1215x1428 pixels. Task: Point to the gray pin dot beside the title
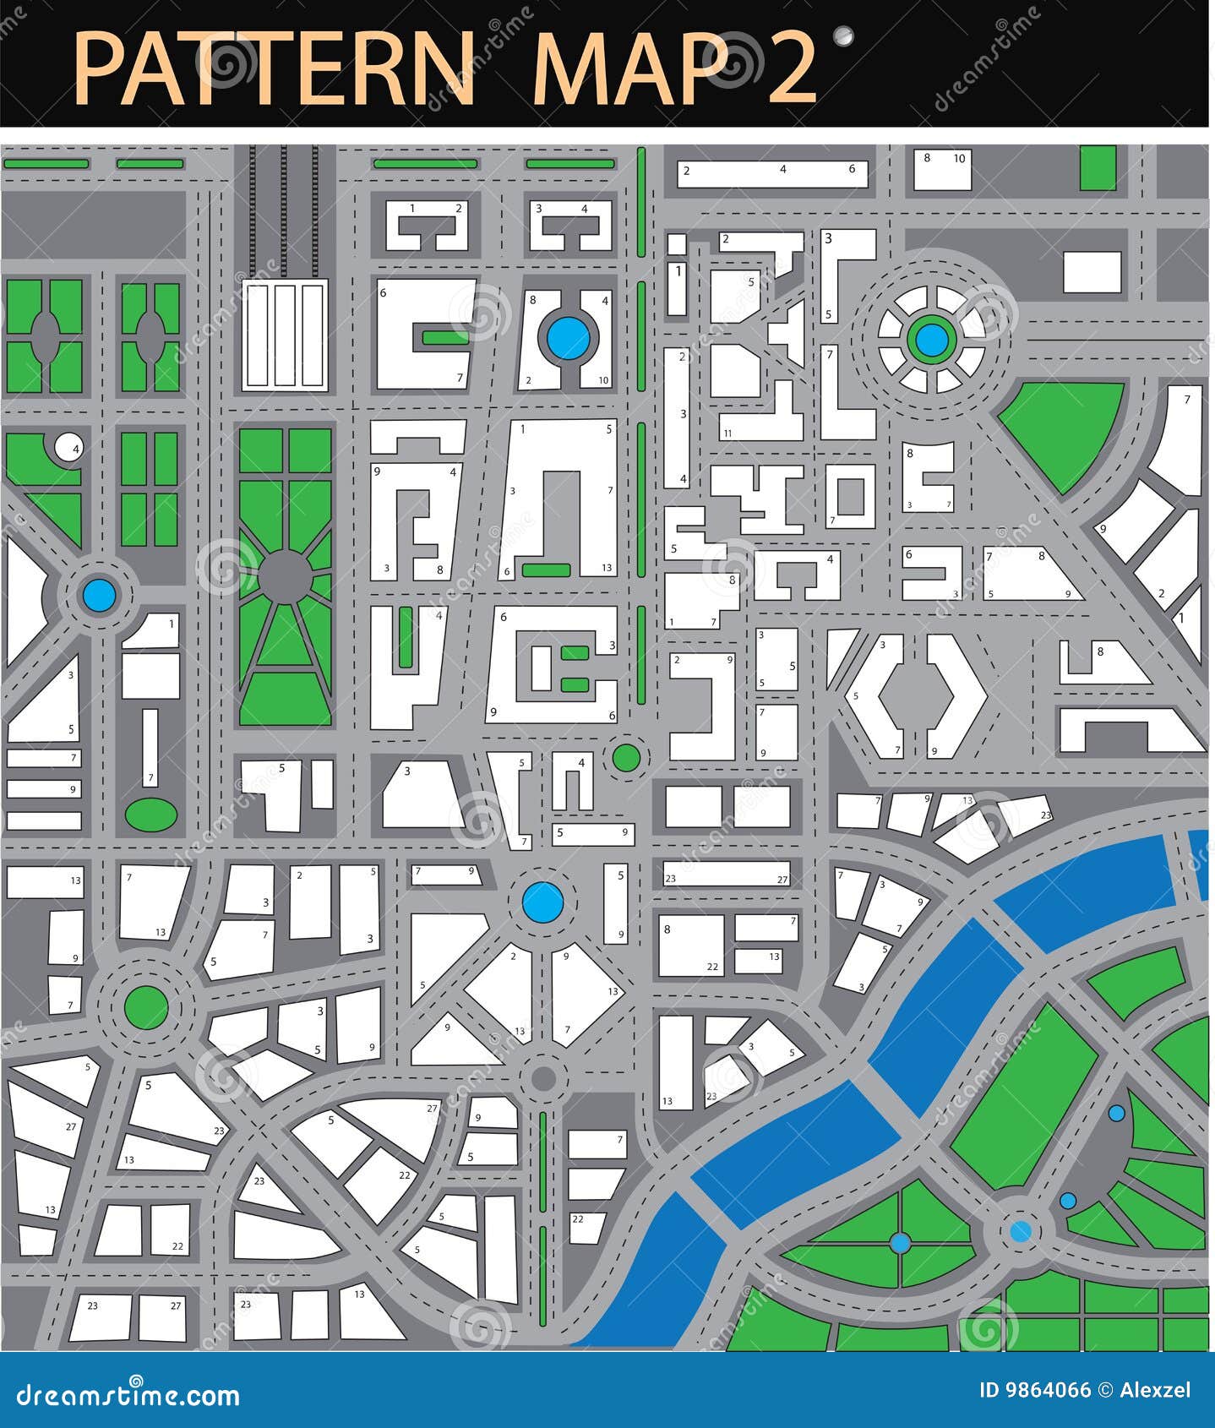[x=842, y=35]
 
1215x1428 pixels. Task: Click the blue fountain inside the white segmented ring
[x=931, y=340]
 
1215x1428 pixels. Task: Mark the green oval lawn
[x=151, y=814]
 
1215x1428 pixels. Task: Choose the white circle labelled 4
[x=68, y=447]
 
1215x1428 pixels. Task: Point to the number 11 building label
[x=727, y=433]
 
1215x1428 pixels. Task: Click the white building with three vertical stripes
[x=285, y=335]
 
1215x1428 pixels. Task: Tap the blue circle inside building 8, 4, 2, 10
[x=568, y=337]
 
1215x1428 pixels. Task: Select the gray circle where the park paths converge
[x=285, y=575]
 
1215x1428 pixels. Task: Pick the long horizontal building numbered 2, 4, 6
[x=773, y=173]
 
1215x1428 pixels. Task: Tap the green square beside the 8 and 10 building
[x=1098, y=167]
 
